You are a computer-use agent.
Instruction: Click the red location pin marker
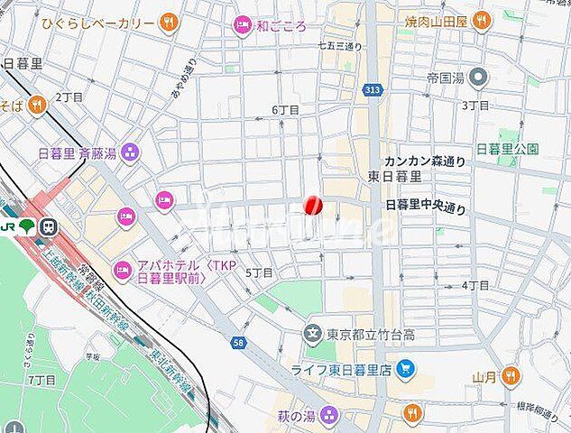(x=312, y=206)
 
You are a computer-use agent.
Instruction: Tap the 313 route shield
(x=372, y=89)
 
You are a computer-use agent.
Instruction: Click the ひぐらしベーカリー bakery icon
(x=168, y=22)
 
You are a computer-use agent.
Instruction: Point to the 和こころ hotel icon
(x=242, y=25)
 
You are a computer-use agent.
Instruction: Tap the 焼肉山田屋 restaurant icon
(x=480, y=19)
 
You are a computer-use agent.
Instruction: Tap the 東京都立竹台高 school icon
(x=313, y=335)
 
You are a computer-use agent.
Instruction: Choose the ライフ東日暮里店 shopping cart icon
(x=405, y=368)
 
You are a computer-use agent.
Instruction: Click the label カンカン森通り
(x=425, y=161)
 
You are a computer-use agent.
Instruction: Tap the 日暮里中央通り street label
(x=426, y=207)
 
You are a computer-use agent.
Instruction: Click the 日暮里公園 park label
(x=507, y=149)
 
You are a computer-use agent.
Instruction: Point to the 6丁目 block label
(x=285, y=109)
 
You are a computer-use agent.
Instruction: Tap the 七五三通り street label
(x=340, y=45)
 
